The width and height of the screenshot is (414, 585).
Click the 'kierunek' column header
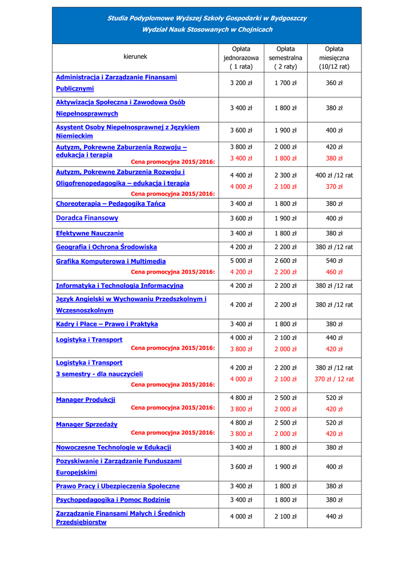coord(135,57)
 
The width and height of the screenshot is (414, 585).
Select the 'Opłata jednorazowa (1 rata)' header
coord(241,58)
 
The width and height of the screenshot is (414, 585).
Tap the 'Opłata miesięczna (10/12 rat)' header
coord(334,58)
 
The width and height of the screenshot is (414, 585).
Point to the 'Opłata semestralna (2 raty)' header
coord(286,58)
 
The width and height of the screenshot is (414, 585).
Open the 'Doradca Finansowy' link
coord(87,218)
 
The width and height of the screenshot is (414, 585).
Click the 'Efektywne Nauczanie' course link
coord(90,233)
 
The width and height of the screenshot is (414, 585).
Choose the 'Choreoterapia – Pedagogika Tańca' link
coord(111,203)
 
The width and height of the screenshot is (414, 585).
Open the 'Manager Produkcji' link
coord(86,400)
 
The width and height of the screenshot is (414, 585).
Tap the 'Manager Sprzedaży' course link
coord(87,424)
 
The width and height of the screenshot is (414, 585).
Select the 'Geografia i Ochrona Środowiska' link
coord(106,247)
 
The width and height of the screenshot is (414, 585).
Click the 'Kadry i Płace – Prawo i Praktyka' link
coord(107,324)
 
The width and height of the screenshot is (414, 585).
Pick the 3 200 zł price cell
coord(241,83)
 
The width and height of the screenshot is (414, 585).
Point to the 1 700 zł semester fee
coord(286,83)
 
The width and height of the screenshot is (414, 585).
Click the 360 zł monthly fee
coord(334,83)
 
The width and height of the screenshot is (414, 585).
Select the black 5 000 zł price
coord(241,261)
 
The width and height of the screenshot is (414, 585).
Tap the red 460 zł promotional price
coord(334,272)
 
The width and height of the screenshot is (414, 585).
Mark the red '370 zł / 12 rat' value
coord(334,379)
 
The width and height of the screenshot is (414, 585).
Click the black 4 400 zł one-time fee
coord(241,175)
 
